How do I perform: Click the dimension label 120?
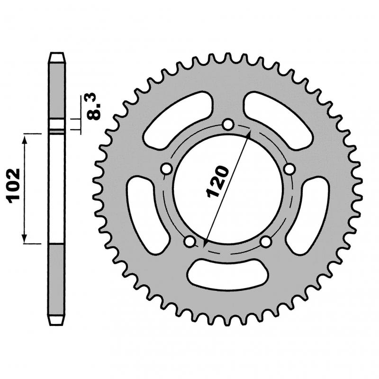pyautogui.click(x=217, y=181)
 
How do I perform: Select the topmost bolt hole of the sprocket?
pyautogui.click(x=228, y=125)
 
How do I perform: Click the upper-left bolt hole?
pyautogui.click(x=167, y=169)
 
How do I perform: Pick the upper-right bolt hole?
pyautogui.click(x=289, y=169)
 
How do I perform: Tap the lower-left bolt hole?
pyautogui.click(x=190, y=241)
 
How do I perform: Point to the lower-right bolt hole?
pyautogui.click(x=266, y=241)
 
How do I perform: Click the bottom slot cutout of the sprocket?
pyautogui.click(x=228, y=274)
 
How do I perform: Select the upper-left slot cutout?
pyautogui.click(x=178, y=120)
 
